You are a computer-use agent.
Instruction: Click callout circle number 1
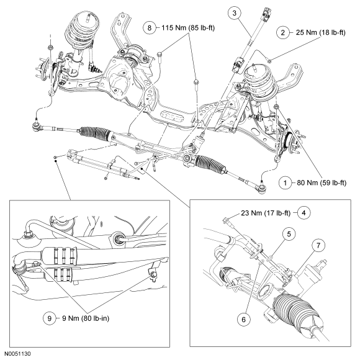coord(286,183)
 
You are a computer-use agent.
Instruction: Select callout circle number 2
coord(282,33)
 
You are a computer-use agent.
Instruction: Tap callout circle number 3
coord(235,13)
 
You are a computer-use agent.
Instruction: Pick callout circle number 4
coord(304,213)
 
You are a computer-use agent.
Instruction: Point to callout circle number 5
coord(289,234)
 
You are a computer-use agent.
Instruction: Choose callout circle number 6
coord(244,320)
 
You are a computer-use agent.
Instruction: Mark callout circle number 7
coord(318,246)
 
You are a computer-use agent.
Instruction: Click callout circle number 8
coord(150,28)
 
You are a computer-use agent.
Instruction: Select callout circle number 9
coord(50,318)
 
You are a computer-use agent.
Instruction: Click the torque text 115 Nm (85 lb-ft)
coord(188,28)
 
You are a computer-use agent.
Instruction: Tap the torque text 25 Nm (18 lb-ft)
coord(320,33)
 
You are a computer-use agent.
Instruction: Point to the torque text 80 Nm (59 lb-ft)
coord(322,183)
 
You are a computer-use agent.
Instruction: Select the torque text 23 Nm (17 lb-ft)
coord(266,213)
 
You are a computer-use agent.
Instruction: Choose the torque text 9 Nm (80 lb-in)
coord(86,318)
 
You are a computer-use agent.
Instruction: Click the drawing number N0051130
coord(18,354)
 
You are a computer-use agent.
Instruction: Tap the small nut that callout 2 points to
coord(270,61)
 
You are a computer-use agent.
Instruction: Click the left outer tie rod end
coord(36,125)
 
